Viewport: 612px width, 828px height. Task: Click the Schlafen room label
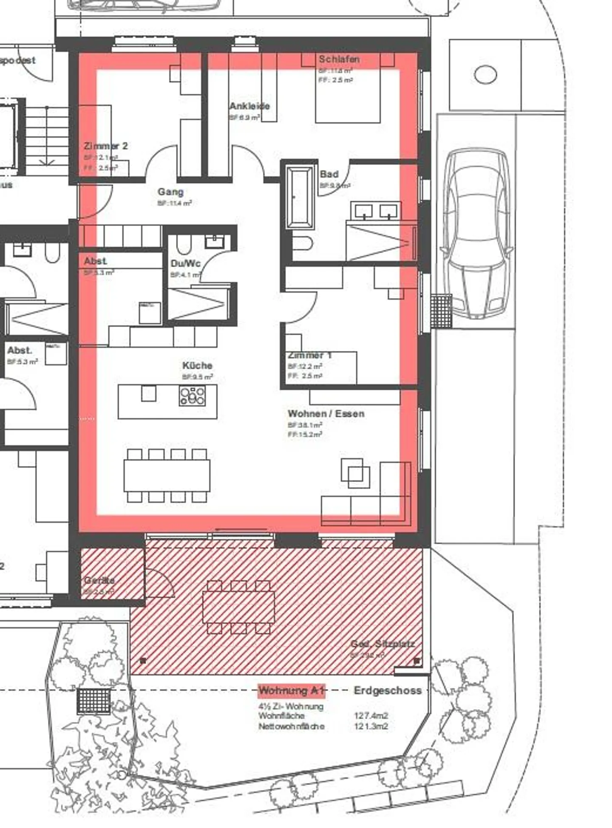pos(339,59)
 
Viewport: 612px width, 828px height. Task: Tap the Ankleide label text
pos(249,106)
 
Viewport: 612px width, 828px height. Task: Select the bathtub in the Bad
pos(300,197)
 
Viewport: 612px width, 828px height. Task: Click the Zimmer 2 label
pos(105,146)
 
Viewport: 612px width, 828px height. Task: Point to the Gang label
pos(170,192)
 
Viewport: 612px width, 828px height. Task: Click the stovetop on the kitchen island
pos(192,396)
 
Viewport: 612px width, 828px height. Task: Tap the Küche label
pos(197,365)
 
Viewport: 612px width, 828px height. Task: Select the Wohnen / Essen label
pos(326,413)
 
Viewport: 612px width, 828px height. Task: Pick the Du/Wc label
pos(185,263)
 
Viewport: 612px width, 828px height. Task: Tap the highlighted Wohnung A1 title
pos(292,690)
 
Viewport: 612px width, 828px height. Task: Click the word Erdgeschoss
pos(387,690)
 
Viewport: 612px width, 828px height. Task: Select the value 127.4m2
pos(371,716)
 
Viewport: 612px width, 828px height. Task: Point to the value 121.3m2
pos(371,726)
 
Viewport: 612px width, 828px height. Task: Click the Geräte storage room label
pos(99,580)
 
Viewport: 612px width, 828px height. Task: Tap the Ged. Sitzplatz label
pos(382,644)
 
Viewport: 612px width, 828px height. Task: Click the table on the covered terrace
pos(238,607)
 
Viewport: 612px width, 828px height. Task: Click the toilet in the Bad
pos(302,243)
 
